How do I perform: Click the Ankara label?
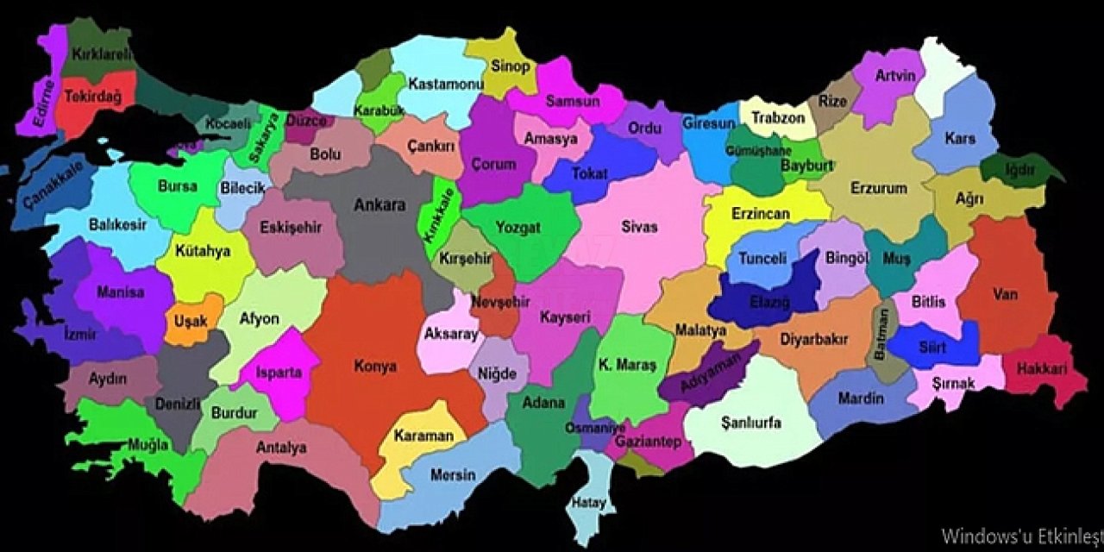pos(379,205)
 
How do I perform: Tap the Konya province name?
pos(375,366)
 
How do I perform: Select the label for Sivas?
pos(639,227)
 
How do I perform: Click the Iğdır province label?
pos(1020,170)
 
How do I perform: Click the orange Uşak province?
pos(191,321)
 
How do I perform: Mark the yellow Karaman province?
pos(423,436)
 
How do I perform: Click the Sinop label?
pos(510,66)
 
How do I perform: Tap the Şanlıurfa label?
pos(750,423)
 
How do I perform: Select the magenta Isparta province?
pos(279,373)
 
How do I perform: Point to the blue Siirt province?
pos(932,347)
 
